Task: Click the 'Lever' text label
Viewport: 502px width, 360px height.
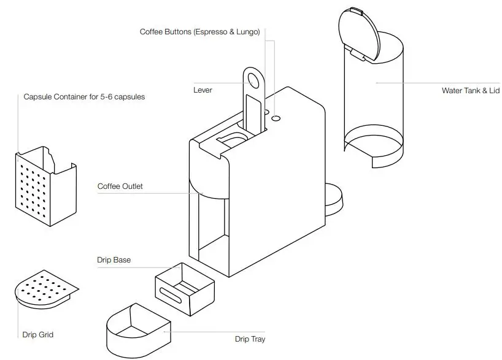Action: (x=203, y=90)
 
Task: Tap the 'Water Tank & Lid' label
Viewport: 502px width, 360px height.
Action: (x=471, y=91)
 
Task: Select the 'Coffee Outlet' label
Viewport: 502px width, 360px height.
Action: (x=120, y=186)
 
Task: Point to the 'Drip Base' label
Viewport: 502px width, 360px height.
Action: (x=114, y=260)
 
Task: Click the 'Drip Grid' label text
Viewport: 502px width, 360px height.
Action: (x=38, y=334)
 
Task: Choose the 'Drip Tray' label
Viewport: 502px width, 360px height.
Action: (x=250, y=339)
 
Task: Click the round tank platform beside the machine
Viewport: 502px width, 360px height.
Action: (x=334, y=199)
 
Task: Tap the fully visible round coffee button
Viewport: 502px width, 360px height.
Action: (x=276, y=117)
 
